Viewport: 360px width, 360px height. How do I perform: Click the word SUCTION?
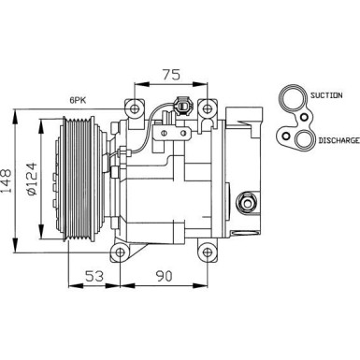click(334, 96)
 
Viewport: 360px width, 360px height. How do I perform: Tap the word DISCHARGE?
click(338, 139)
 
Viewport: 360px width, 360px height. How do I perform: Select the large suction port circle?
click(292, 96)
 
